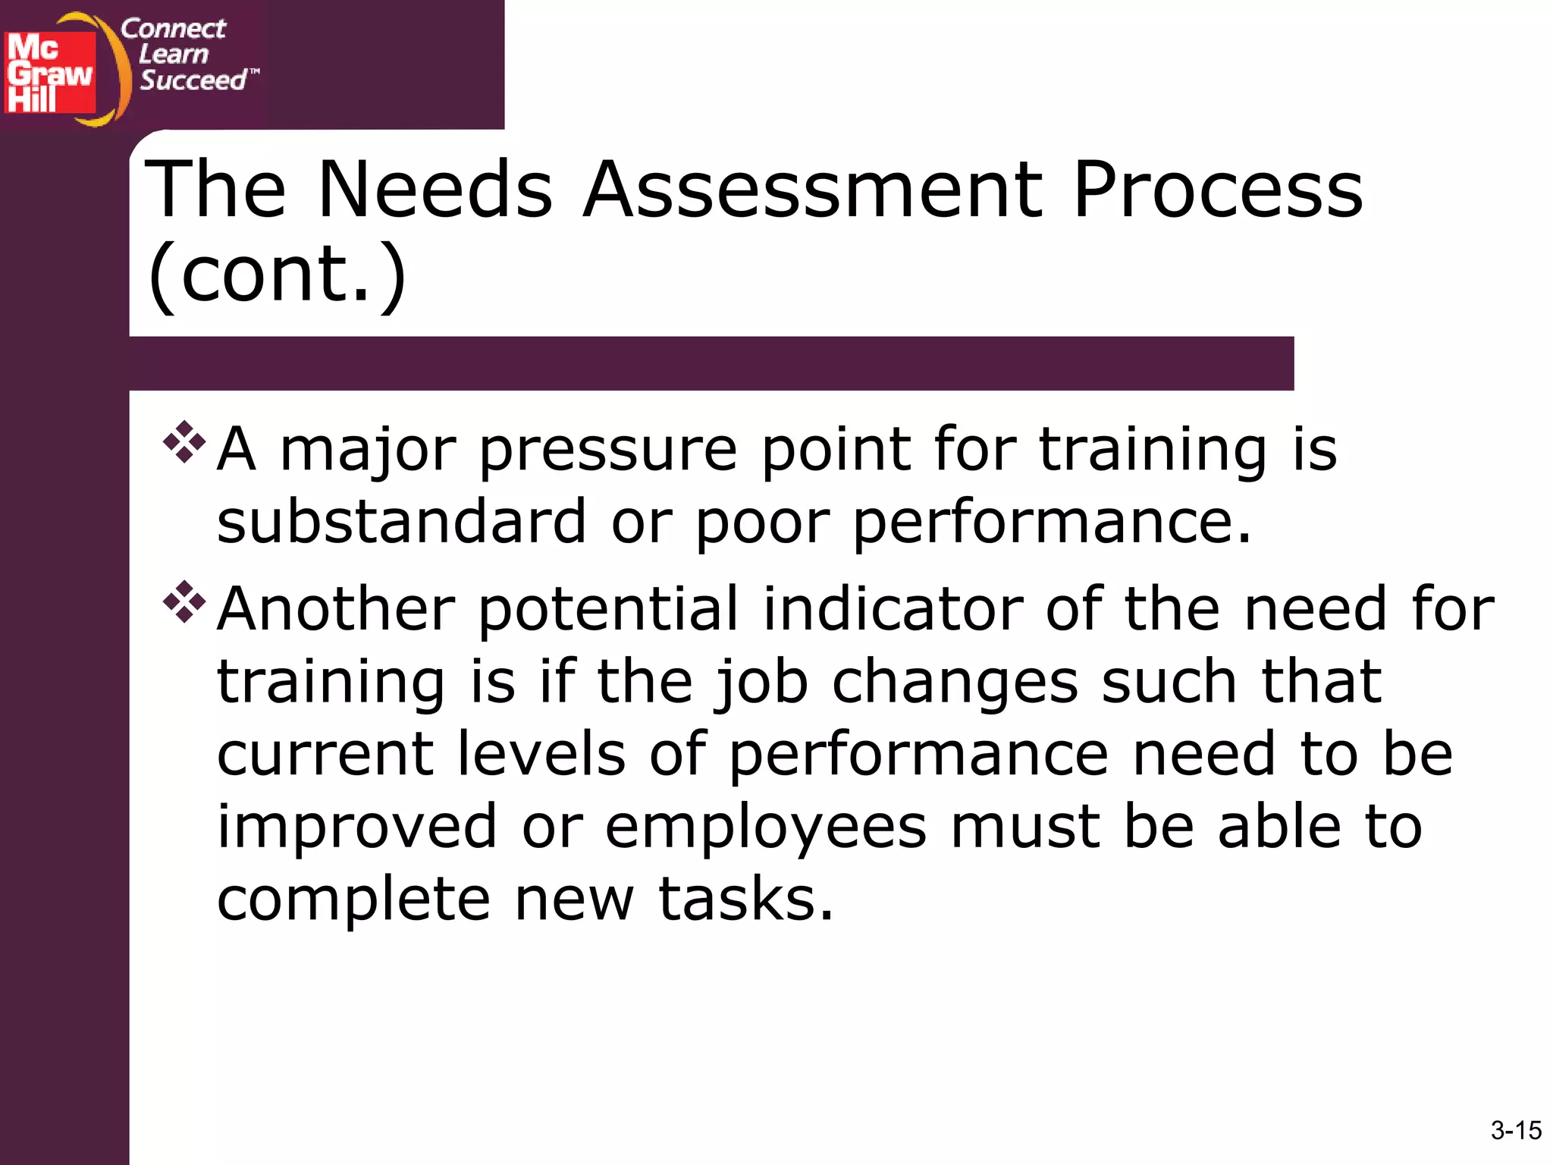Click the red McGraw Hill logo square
pos(50,73)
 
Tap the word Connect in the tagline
pos(173,29)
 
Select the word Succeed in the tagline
pos(193,80)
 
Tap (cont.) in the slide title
pos(278,275)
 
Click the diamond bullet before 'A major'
pos(184,442)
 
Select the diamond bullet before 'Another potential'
pos(184,602)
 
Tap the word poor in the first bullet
pos(762,523)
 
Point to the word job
pos(761,683)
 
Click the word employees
pos(765,828)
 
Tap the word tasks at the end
pos(745,900)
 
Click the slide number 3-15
pos(1515,1130)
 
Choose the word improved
pos(357,828)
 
